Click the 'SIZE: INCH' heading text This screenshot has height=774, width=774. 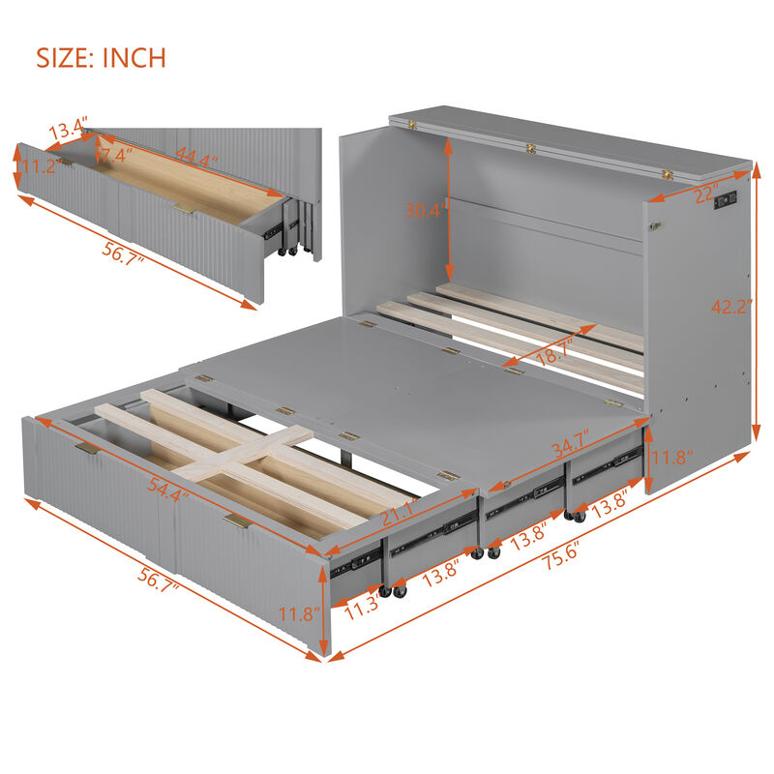102,57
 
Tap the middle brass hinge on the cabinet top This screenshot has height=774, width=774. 530,149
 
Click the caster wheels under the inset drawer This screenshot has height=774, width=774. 287,251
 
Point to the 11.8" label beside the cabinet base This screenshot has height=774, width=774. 670,456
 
